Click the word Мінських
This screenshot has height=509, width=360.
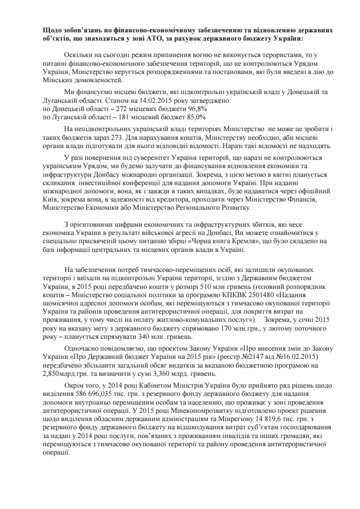point(60,81)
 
